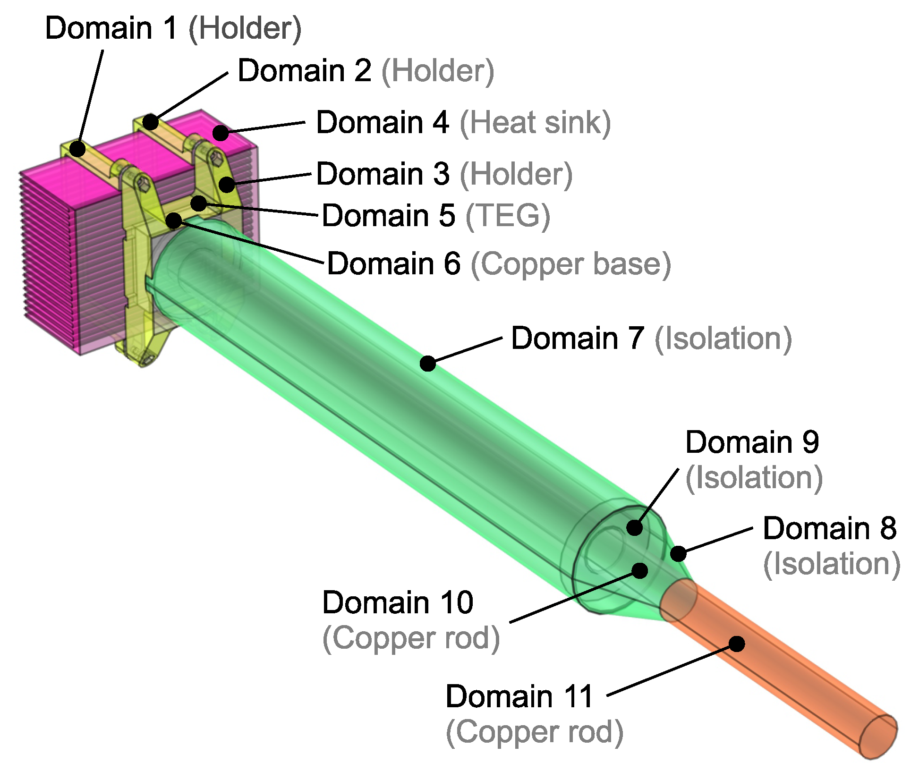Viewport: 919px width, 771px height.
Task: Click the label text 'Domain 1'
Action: (111, 28)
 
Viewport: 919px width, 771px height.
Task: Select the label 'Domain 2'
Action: (304, 71)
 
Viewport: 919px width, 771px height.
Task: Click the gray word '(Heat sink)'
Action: (535, 123)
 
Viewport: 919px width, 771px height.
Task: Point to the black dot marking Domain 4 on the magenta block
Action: (221, 133)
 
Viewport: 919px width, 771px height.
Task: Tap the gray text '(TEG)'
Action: (508, 216)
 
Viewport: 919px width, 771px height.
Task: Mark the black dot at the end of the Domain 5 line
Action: (199, 203)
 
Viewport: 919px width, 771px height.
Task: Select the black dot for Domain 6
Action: (174, 220)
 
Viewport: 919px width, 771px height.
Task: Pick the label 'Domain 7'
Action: (578, 339)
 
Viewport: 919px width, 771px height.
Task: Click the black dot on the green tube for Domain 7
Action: (428, 363)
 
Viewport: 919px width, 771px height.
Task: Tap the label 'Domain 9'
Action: (752, 442)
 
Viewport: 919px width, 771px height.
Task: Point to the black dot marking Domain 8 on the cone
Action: (679, 553)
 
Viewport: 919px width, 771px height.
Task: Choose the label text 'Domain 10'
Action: (398, 603)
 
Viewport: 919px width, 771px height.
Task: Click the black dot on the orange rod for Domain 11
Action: (737, 644)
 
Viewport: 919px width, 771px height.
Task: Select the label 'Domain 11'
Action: (519, 696)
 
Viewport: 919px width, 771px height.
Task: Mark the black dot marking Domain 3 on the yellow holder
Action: (227, 184)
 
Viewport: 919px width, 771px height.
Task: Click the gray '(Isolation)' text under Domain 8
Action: (832, 564)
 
